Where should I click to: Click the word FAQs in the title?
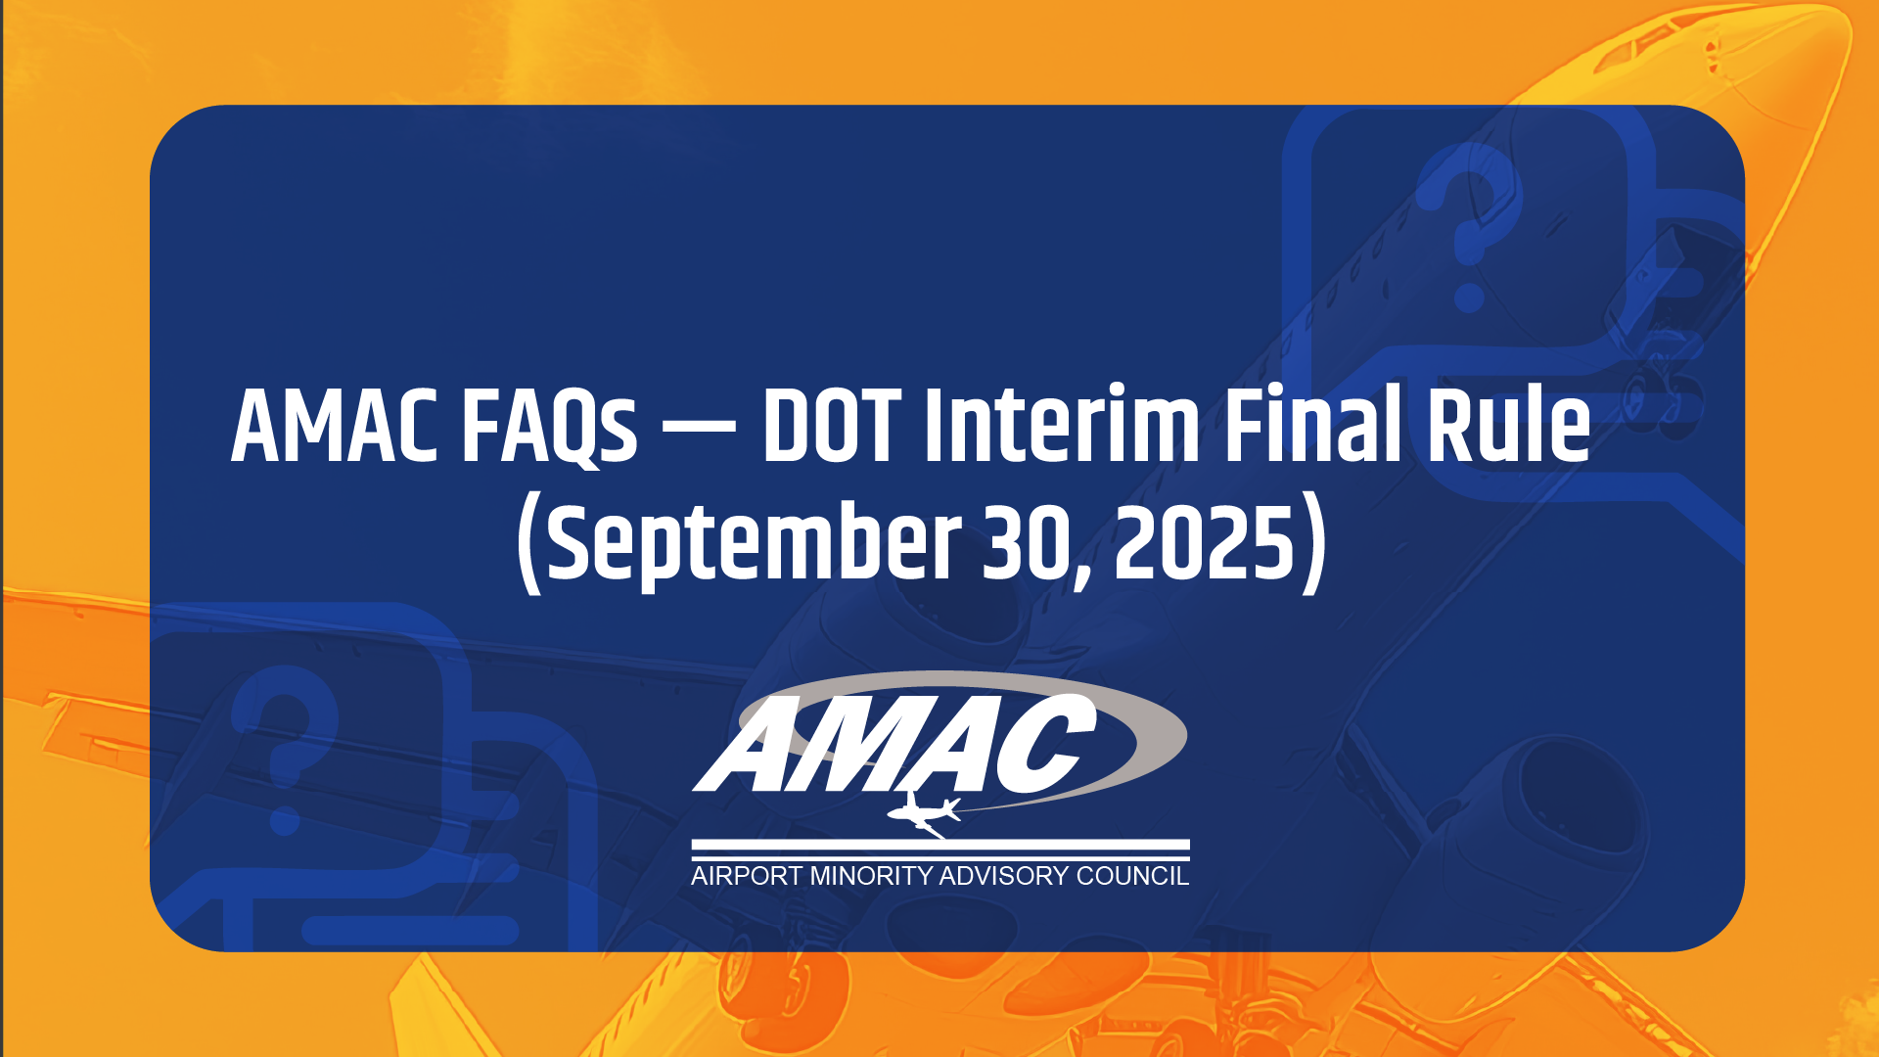tap(549, 428)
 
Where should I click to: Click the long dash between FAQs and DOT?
tap(699, 428)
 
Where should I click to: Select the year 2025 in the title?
tap(1205, 542)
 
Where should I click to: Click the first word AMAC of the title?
tap(334, 427)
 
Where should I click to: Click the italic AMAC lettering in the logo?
tap(895, 743)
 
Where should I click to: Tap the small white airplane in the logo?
tap(923, 814)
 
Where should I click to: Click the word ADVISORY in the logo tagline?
tap(1004, 876)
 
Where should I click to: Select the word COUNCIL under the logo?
tap(1132, 876)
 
